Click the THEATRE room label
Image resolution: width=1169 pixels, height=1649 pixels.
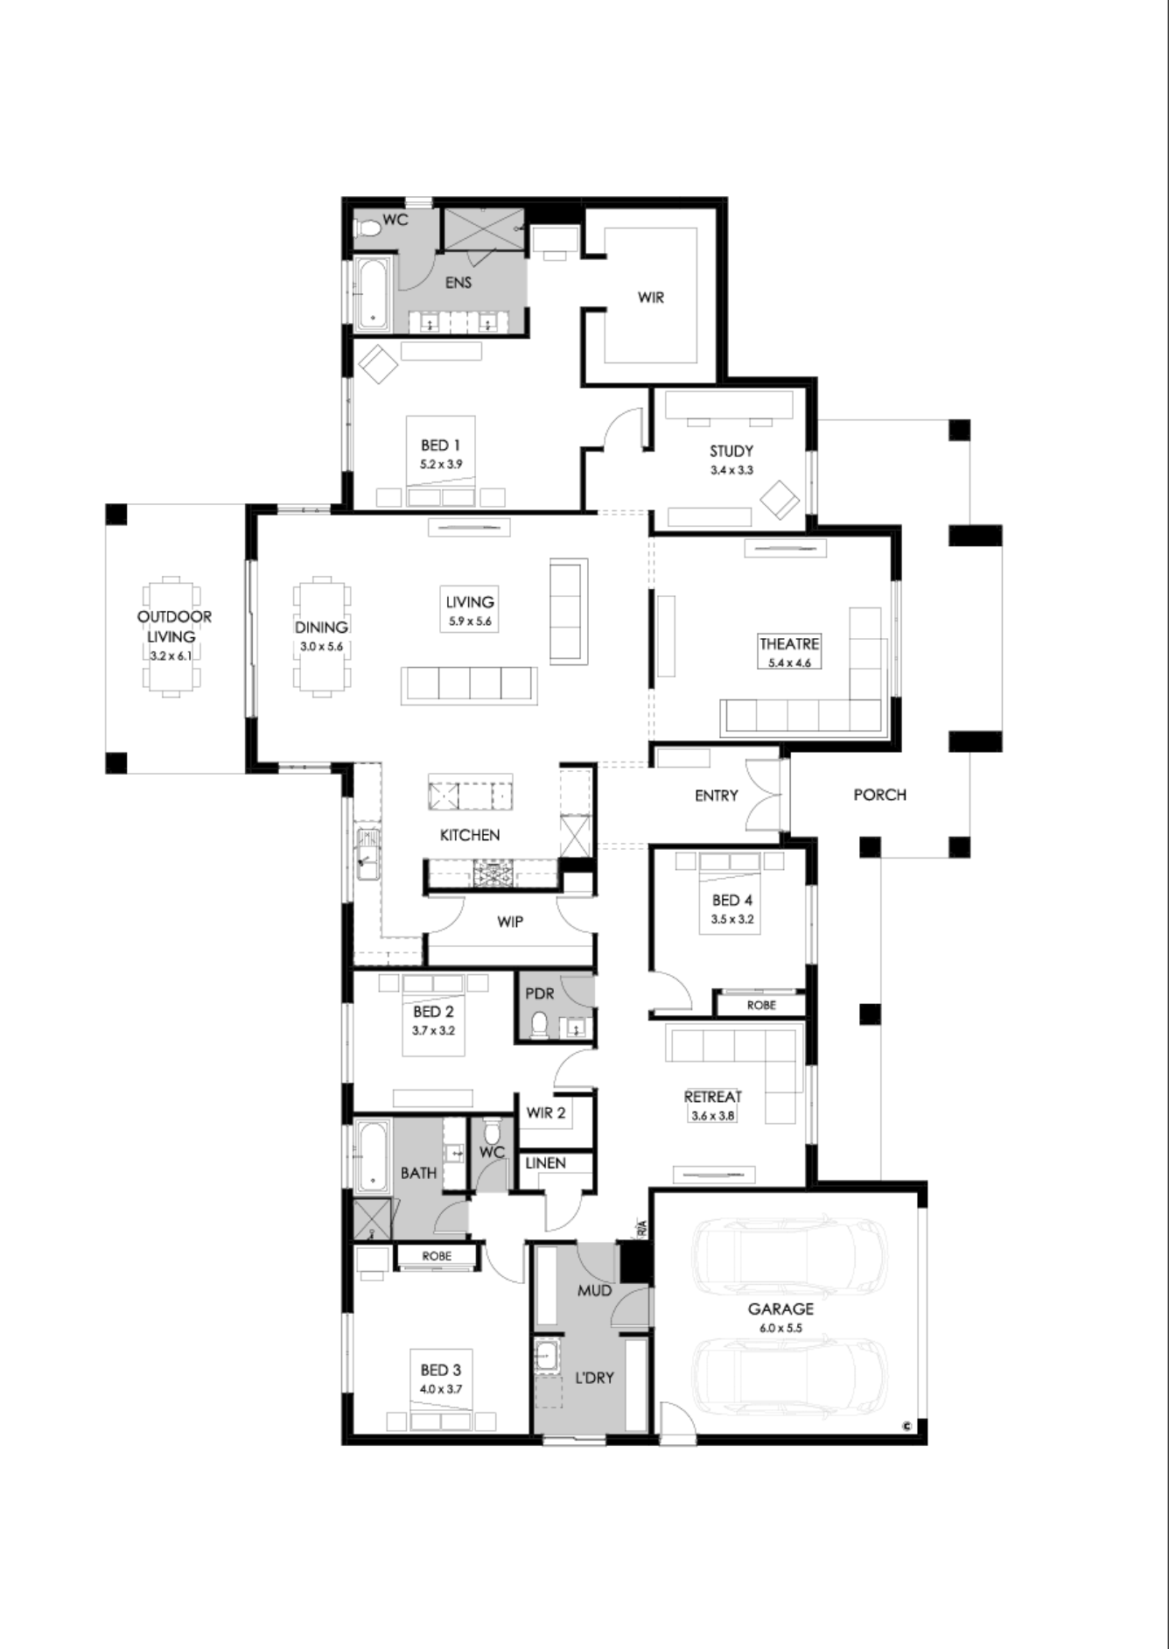[789, 643]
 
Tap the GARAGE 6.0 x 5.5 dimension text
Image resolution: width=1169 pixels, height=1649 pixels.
[780, 1328]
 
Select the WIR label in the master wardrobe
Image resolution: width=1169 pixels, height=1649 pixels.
[651, 297]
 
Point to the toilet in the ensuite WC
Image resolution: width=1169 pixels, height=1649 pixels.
[368, 228]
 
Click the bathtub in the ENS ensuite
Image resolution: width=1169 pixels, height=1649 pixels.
[373, 294]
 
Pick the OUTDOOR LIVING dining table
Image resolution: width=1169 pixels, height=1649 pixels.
[172, 636]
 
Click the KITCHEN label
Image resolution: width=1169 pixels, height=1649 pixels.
[470, 835]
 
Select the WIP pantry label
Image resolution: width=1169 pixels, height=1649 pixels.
[510, 922]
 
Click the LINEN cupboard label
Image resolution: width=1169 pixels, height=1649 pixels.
[546, 1163]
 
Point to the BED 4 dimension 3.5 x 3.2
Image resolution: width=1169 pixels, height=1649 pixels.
[732, 919]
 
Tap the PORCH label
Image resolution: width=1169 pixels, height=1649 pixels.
[879, 795]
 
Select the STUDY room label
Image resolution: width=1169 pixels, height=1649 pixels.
[731, 452]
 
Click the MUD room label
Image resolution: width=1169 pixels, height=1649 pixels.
[595, 1291]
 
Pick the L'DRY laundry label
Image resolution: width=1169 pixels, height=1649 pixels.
[594, 1378]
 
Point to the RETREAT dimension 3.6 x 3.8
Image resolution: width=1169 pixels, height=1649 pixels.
[713, 1116]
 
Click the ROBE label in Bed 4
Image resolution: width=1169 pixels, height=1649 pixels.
[761, 1006]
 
